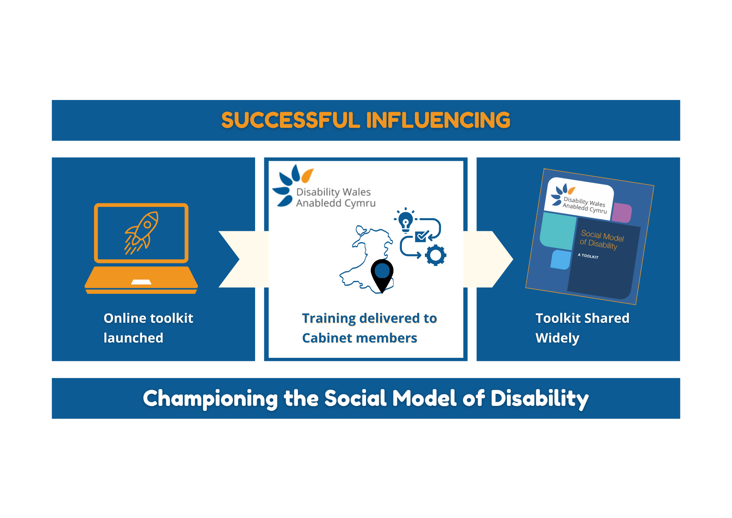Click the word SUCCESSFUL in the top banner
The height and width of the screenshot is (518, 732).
coord(291,120)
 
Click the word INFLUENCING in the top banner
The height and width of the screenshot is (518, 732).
coord(438,120)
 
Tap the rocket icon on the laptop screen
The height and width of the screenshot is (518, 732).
coord(142,233)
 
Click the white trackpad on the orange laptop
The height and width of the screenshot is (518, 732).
coord(141,282)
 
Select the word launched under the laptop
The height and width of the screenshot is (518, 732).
coord(133,338)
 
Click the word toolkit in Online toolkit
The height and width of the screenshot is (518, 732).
coord(172,318)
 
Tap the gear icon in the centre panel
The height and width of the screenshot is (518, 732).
coord(436,255)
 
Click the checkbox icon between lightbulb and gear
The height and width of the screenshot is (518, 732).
coord(422,236)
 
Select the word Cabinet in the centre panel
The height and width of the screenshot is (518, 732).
coord(328,338)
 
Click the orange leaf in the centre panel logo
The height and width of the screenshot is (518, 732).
coord(307,175)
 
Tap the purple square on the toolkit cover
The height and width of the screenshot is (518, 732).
coord(621,213)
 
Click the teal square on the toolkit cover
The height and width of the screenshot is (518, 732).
coord(558,231)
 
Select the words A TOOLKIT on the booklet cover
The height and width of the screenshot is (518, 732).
coord(588,256)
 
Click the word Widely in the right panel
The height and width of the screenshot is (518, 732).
coord(557,338)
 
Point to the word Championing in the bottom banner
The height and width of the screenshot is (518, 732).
coord(210,399)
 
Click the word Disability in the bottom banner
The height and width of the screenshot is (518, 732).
coord(540,399)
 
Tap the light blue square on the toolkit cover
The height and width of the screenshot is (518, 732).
coord(561,260)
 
